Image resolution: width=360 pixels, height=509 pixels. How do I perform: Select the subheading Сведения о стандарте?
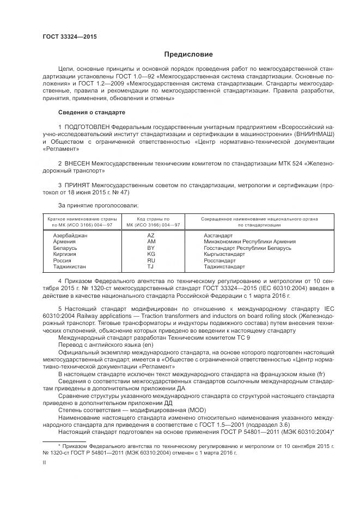click(91, 112)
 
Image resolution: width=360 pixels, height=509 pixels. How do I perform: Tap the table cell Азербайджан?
click(70, 235)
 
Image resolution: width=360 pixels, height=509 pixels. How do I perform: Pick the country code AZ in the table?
click(151, 235)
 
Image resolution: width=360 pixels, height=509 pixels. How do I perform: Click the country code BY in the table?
click(151, 248)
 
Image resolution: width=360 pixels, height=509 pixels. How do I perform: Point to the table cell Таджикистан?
click(70, 267)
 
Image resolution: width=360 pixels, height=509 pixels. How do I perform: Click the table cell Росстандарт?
click(220, 260)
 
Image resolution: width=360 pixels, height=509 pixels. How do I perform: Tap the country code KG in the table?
click(151, 254)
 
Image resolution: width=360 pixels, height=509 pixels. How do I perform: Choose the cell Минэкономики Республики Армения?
click(249, 241)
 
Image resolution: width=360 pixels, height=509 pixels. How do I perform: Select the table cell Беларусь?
click(65, 248)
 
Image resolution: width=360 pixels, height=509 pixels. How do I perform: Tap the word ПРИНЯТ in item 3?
click(80, 185)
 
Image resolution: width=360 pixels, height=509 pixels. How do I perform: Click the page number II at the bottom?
click(45, 462)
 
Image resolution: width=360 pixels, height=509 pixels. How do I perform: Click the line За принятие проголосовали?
click(90, 205)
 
